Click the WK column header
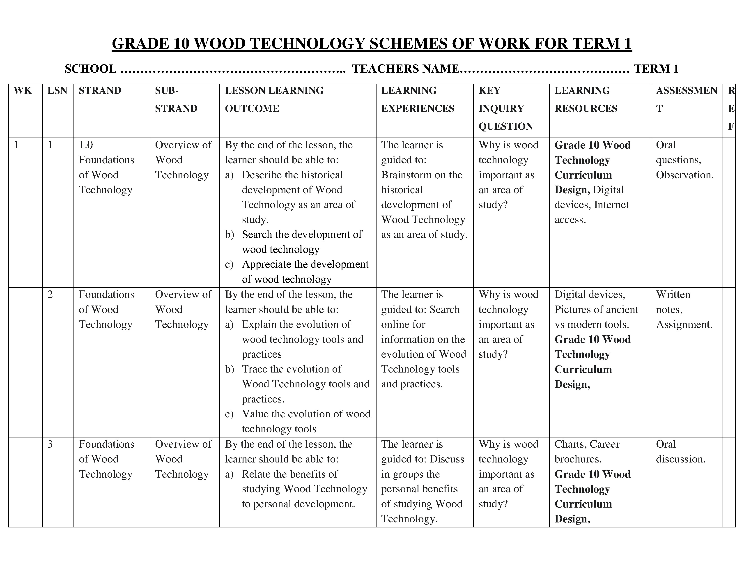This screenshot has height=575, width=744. (x=23, y=91)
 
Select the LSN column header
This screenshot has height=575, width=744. (x=57, y=91)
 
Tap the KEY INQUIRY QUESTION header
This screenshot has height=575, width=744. (x=505, y=108)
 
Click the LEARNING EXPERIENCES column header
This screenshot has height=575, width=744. (x=417, y=99)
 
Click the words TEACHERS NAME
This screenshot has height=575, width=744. (x=405, y=69)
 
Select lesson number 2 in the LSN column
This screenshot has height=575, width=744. (x=50, y=294)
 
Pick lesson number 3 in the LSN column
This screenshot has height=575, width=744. (x=50, y=444)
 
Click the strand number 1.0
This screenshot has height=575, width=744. (x=86, y=145)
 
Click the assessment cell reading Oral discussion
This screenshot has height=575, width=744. (x=680, y=452)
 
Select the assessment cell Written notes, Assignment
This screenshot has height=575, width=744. (x=684, y=309)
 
